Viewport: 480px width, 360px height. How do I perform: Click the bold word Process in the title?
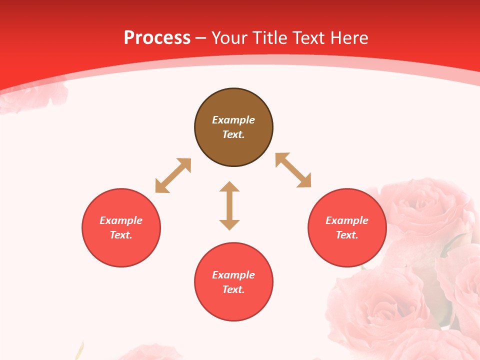click(157, 38)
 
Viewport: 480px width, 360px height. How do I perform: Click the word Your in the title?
click(230, 38)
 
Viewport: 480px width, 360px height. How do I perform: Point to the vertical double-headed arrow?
click(229, 205)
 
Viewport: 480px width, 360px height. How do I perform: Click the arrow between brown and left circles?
click(173, 175)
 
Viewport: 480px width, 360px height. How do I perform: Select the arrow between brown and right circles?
click(293, 170)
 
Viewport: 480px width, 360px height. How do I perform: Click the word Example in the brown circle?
click(233, 120)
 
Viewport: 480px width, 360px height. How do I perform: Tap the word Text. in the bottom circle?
click(233, 289)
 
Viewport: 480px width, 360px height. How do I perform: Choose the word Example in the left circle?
click(121, 220)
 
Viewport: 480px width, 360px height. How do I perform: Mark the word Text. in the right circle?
click(347, 235)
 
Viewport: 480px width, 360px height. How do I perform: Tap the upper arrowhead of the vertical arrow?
click(229, 186)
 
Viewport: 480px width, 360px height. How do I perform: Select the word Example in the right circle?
click(347, 220)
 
